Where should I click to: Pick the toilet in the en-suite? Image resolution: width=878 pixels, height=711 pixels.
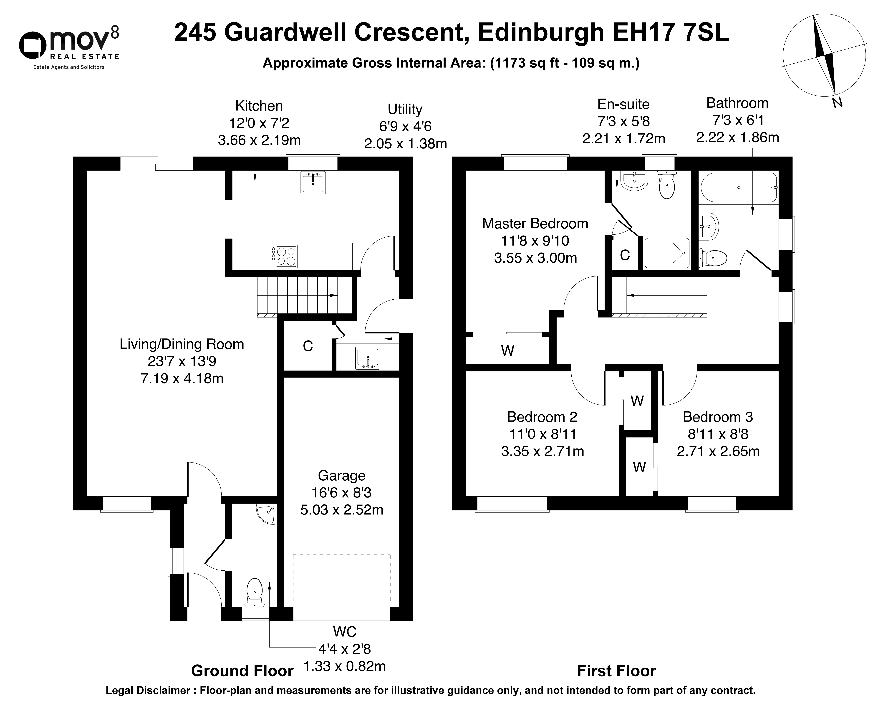tap(667, 184)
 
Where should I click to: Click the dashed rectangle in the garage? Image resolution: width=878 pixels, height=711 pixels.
tap(341, 577)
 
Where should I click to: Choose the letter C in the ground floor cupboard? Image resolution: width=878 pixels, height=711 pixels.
tap(308, 346)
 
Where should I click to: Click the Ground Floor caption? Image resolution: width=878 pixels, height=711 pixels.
tap(242, 671)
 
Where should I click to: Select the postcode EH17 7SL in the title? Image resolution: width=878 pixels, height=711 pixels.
tap(671, 33)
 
